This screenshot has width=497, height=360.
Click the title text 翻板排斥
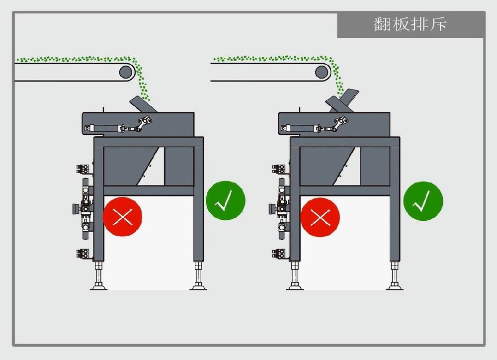[x=410, y=24]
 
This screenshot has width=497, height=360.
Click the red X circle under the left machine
[x=122, y=217]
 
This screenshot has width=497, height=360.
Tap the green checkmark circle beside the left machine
[x=226, y=200]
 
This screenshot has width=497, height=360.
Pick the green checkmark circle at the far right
[x=423, y=201]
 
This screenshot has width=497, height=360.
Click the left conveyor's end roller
[x=126, y=72]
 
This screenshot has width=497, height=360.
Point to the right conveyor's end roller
[x=323, y=72]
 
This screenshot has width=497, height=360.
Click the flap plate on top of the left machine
[x=143, y=104]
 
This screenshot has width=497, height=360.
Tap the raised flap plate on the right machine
[x=343, y=101]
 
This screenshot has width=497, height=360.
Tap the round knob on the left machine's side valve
[x=76, y=209]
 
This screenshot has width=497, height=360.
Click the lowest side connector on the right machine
[x=278, y=254]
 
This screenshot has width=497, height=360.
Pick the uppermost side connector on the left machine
[x=83, y=169]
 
